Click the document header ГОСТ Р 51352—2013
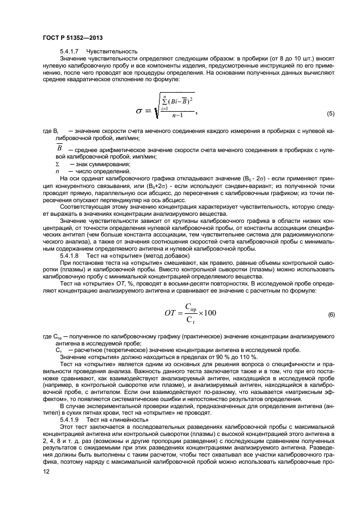[x=72, y=38]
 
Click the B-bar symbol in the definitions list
[x=59, y=149]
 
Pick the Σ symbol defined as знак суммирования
[x=57, y=164]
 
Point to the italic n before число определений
[x=57, y=171]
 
